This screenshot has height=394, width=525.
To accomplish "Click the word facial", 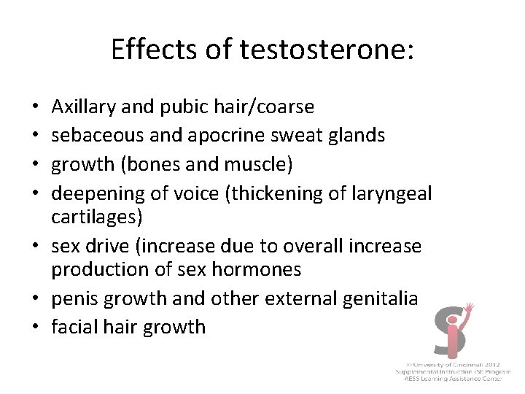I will tap(73, 326).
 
